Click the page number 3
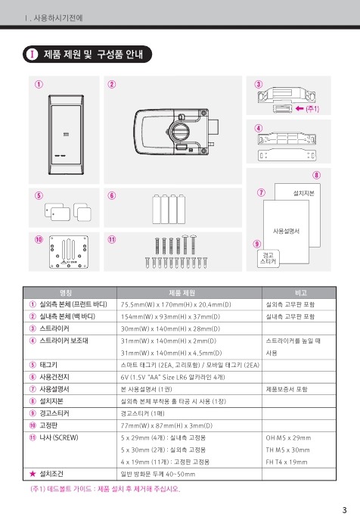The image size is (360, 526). coord(344,510)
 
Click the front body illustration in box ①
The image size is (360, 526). coord(66,135)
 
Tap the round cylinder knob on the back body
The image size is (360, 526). coord(178,130)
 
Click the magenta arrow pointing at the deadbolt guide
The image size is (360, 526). coord(299,108)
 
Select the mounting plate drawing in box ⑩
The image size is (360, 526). coord(69,251)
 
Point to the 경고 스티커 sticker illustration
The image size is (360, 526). coord(268,258)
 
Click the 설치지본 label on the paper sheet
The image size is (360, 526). coord(304,193)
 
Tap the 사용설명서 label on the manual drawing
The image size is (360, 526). coord(286,231)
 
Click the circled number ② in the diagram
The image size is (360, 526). coord(112,84)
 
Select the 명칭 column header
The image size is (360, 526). coord(66,293)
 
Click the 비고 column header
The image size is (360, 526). coord(301,293)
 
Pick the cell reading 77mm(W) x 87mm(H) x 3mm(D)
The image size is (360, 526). coord(166,425)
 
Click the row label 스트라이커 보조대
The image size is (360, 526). coord(64,341)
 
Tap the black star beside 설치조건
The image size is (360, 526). coord(33,474)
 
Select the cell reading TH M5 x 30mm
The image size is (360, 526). coord(287,450)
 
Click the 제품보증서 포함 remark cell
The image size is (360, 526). coord(287,389)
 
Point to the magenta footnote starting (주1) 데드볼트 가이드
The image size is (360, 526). coord(105,489)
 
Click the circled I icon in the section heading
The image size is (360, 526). coord(33,54)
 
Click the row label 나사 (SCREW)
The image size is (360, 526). coord(59,437)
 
